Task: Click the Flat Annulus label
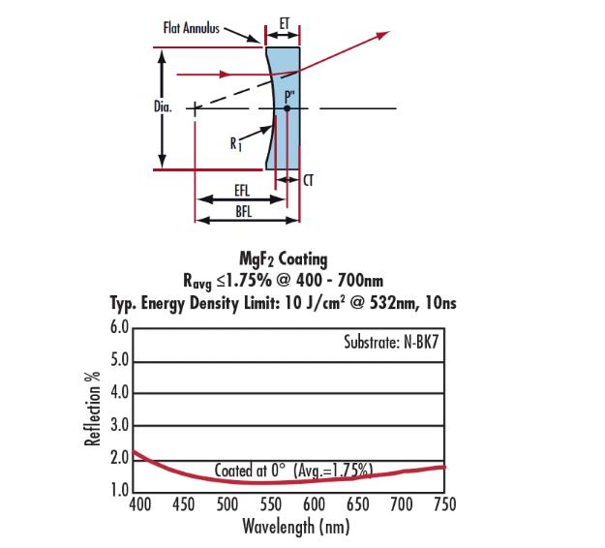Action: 192,27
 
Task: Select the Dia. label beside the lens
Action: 162,107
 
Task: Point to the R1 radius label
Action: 235,143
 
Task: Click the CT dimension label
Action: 308,180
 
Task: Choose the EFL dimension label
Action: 243,193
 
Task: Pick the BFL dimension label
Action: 243,211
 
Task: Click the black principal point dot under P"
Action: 287,108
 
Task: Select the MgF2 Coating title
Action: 283,259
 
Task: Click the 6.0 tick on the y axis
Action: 119,327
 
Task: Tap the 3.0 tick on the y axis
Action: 119,426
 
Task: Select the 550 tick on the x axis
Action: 270,504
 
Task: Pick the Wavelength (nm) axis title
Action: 295,527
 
